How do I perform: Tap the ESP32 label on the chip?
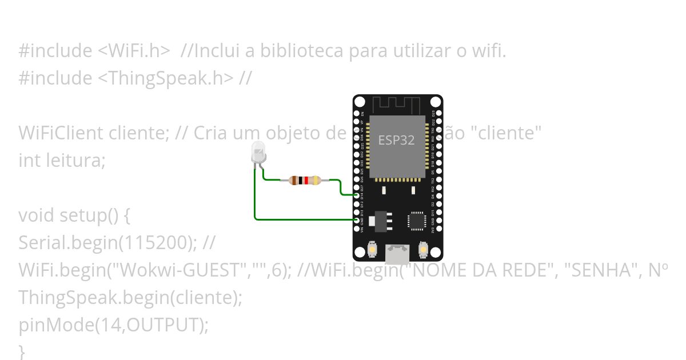[396, 140]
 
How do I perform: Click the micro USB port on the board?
[397, 253]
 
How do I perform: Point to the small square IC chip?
[417, 221]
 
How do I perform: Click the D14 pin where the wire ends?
[357, 195]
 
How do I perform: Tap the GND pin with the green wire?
[357, 219]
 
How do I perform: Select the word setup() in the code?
[88, 215]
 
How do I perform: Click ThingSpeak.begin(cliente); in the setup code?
[130, 298]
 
